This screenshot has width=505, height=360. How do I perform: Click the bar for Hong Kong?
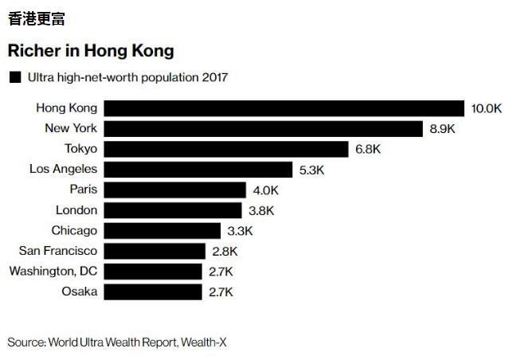tap(284, 108)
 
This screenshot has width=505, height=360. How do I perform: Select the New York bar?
tap(263, 128)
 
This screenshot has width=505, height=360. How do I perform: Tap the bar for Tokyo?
tap(226, 149)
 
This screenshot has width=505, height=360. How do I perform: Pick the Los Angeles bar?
tap(198, 169)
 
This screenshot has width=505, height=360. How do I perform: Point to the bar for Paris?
tap(174, 190)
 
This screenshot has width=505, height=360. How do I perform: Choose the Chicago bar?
tap(162, 231)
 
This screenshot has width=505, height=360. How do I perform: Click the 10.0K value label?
tap(486, 108)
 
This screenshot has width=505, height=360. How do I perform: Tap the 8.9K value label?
tap(444, 128)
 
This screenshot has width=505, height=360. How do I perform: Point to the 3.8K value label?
tap(261, 210)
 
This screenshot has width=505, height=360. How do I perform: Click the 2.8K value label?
tap(225, 251)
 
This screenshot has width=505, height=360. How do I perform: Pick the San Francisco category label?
tap(58, 251)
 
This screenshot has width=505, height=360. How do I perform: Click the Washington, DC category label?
tap(53, 272)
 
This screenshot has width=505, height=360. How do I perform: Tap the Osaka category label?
tap(80, 292)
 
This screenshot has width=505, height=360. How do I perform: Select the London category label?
tap(76, 210)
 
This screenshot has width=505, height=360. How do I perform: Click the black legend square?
tap(14, 78)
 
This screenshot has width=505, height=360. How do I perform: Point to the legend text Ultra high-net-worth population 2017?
tap(127, 78)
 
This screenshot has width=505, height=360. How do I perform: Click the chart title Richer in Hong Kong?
tap(90, 51)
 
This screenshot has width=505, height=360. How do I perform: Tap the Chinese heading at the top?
tap(36, 18)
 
